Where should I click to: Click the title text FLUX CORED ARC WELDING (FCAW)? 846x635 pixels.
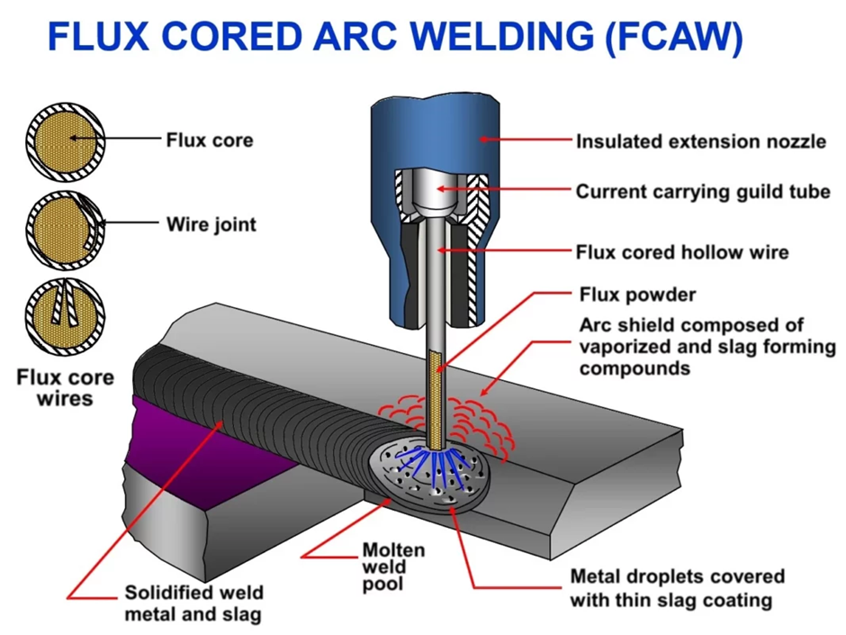click(x=395, y=37)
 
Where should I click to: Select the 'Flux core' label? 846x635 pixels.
click(x=209, y=140)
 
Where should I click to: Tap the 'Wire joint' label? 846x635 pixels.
click(x=211, y=224)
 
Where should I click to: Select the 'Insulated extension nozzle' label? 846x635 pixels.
click(x=700, y=141)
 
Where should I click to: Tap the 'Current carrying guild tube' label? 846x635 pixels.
click(x=703, y=192)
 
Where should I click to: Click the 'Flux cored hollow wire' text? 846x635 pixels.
click(x=682, y=251)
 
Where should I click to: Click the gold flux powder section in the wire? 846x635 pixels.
click(x=438, y=396)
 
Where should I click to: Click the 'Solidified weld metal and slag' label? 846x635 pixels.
click(x=193, y=603)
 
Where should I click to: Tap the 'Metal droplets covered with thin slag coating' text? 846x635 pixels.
click(x=677, y=587)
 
